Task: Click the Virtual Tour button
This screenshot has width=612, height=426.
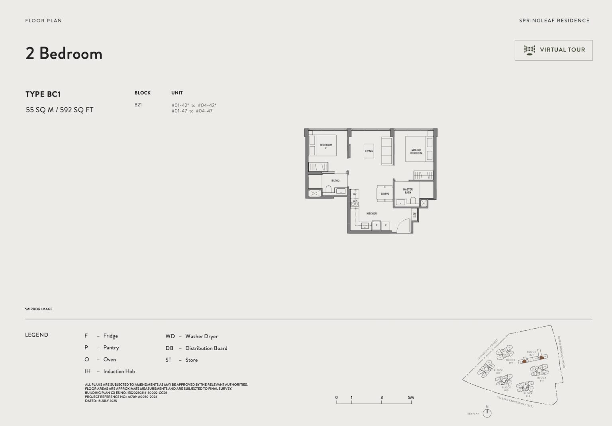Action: click(x=553, y=50)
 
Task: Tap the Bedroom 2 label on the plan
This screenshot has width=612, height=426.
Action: click(x=326, y=146)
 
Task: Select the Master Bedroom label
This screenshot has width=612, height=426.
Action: click(x=416, y=152)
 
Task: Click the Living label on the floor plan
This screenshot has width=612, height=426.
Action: click(x=369, y=151)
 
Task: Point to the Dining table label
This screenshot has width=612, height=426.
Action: click(x=385, y=194)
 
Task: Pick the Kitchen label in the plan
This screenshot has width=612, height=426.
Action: click(x=371, y=213)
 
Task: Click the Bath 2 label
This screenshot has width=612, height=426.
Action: click(x=335, y=181)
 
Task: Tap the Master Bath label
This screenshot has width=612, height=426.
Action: click(x=408, y=191)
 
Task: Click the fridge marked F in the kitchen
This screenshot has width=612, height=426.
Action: click(x=377, y=226)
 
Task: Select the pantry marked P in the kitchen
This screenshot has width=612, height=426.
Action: click(x=386, y=226)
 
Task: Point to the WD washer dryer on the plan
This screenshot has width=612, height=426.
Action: click(x=355, y=194)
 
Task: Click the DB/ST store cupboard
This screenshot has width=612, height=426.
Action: click(x=414, y=215)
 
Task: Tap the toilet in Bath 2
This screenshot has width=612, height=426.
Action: click(x=329, y=189)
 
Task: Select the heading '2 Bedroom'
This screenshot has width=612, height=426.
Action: click(x=64, y=53)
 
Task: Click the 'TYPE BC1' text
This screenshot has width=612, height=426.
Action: click(x=43, y=94)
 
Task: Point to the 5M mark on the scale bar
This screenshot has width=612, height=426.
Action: click(x=411, y=397)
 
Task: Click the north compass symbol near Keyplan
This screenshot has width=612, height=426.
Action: click(x=487, y=413)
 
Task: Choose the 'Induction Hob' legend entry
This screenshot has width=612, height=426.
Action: click(x=119, y=371)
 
